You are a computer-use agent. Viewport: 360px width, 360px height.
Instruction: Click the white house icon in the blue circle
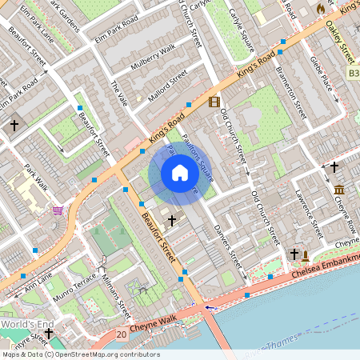[x=180, y=173]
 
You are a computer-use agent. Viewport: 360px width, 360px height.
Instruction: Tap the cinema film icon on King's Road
[x=214, y=102]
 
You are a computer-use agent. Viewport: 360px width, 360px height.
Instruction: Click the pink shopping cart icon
[x=58, y=211]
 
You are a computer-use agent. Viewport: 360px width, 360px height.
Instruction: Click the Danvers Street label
[x=228, y=246]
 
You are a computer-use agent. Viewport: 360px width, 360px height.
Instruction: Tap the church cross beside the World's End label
[x=49, y=333]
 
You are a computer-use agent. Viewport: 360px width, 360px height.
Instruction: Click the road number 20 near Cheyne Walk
[x=121, y=334]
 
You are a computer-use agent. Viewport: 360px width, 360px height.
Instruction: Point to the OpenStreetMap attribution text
[x=81, y=354]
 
